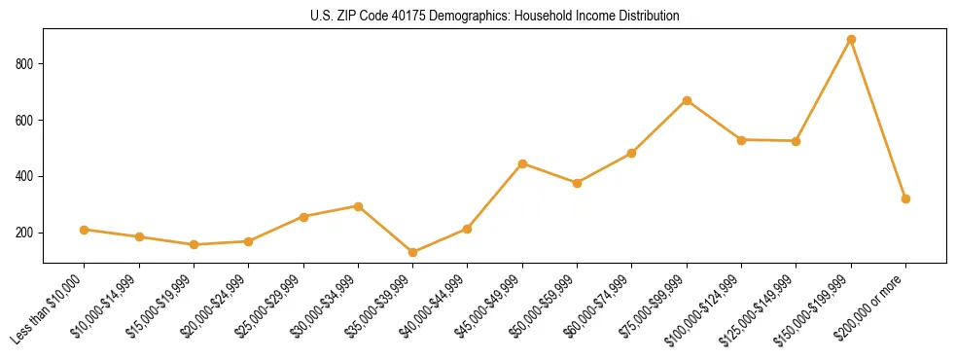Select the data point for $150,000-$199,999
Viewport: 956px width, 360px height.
pyautogui.click(x=851, y=40)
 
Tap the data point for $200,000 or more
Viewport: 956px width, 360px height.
pyautogui.click(x=905, y=198)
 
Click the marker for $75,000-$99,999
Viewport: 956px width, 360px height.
pyautogui.click(x=687, y=100)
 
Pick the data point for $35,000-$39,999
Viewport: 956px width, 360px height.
pyautogui.click(x=413, y=253)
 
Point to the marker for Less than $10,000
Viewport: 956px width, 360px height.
pyautogui.click(x=85, y=230)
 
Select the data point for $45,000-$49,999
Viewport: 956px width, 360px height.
pyautogui.click(x=523, y=163)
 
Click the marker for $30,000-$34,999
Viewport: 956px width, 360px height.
pyautogui.click(x=359, y=206)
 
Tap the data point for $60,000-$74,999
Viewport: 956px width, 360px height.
pyautogui.click(x=632, y=153)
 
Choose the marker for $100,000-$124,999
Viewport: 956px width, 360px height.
pyautogui.click(x=742, y=140)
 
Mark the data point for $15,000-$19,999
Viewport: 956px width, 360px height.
pyautogui.click(x=195, y=244)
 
